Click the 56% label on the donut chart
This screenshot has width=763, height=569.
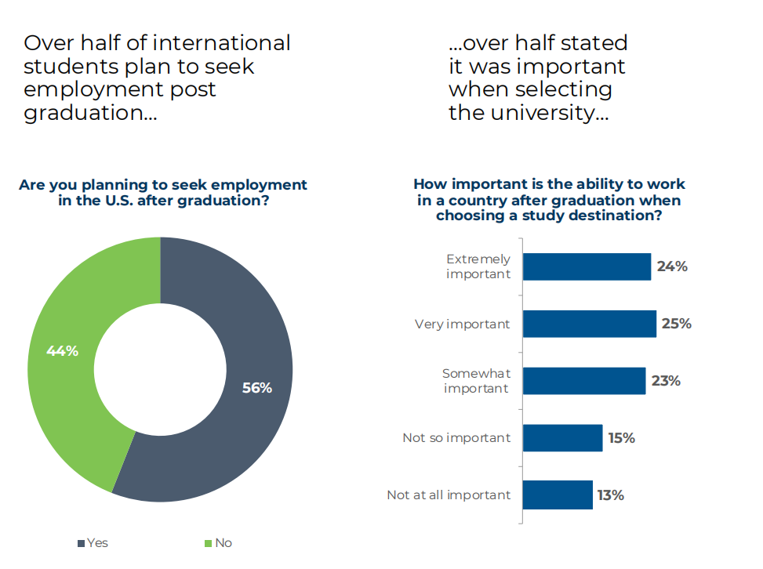pyautogui.click(x=256, y=388)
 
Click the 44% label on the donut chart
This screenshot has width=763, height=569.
pyautogui.click(x=62, y=351)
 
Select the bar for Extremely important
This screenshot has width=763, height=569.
pyautogui.click(x=587, y=266)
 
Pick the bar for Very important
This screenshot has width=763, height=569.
pyautogui.click(x=589, y=324)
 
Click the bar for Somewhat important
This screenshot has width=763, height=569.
pyautogui.click(x=584, y=381)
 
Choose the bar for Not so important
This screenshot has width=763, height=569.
pyautogui.click(x=562, y=438)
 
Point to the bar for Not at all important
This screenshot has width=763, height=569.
pyautogui.click(x=558, y=495)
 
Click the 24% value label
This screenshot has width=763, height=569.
pyautogui.click(x=672, y=266)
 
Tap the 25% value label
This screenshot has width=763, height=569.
pyautogui.click(x=676, y=324)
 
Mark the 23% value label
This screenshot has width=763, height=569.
pyautogui.click(x=666, y=381)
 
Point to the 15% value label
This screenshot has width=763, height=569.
pyautogui.click(x=621, y=438)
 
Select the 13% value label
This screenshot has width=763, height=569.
pyautogui.click(x=610, y=495)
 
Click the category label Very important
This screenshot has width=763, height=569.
pyautogui.click(x=462, y=324)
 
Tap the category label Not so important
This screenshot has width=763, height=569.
pyautogui.click(x=456, y=438)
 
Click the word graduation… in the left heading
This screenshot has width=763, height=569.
pyautogui.click(x=90, y=114)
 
